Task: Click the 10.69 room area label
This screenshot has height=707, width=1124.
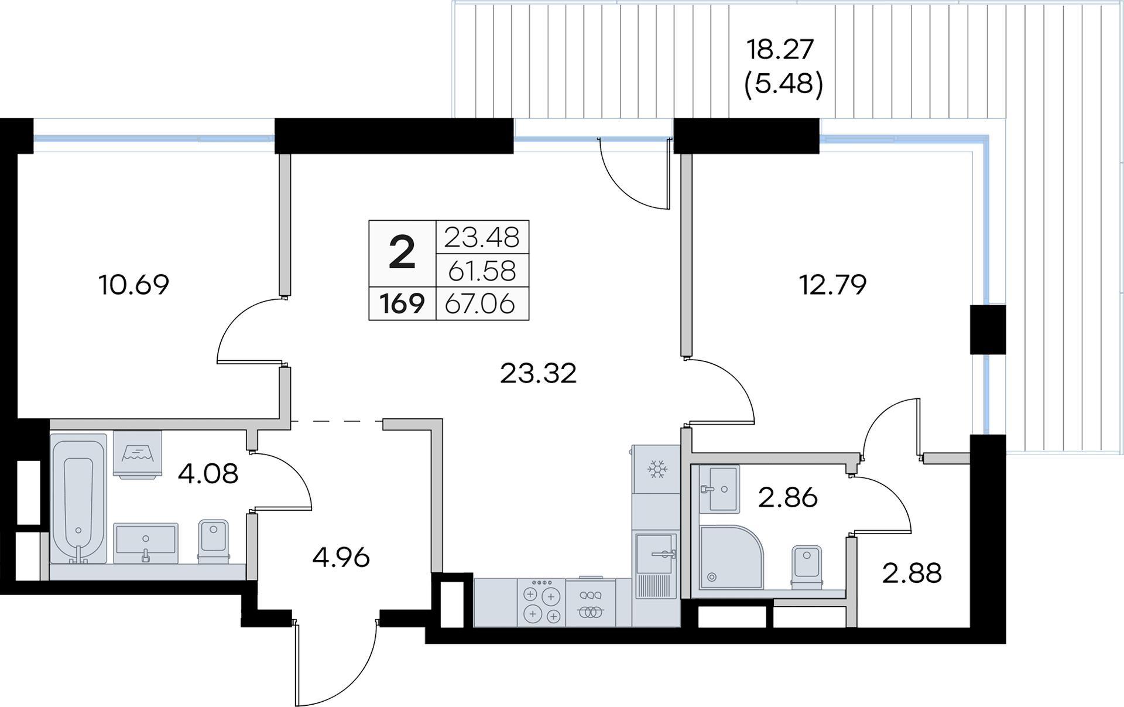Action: (134, 285)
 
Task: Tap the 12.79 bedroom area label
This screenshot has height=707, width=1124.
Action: (832, 285)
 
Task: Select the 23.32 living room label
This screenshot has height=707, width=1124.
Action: (539, 373)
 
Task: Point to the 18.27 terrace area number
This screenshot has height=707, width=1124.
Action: (780, 49)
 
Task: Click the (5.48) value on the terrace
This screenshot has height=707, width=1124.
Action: (784, 84)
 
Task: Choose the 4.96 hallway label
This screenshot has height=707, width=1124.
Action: (341, 558)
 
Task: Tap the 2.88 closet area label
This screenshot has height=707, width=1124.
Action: (912, 573)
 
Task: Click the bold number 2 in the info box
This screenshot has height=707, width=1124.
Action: (402, 253)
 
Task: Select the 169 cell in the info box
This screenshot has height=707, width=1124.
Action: (402, 303)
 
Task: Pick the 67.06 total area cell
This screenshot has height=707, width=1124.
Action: (480, 303)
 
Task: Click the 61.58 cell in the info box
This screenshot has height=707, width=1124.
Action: (482, 271)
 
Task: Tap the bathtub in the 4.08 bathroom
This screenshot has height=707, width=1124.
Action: (78, 499)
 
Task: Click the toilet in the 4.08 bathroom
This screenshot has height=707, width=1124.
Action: (213, 541)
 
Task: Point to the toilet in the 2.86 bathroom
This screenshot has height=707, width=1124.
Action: (807, 566)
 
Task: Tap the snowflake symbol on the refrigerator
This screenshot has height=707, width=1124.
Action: (657, 469)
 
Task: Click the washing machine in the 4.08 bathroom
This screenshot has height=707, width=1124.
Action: (138, 455)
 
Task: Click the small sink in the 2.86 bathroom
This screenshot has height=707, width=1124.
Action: (719, 489)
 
